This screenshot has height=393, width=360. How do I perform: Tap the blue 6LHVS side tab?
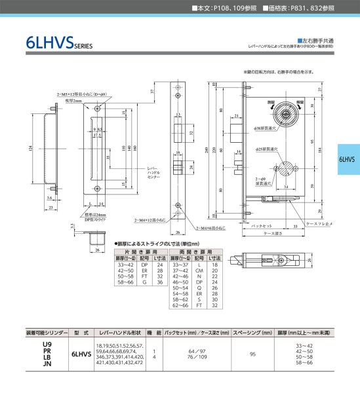click(x=346, y=159)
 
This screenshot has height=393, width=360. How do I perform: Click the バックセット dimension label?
click(x=262, y=225)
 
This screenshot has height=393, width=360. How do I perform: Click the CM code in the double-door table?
click(x=198, y=271)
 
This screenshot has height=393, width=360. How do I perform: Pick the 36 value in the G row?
click(x=160, y=282)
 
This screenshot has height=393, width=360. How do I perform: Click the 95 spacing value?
click(x=252, y=354)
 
